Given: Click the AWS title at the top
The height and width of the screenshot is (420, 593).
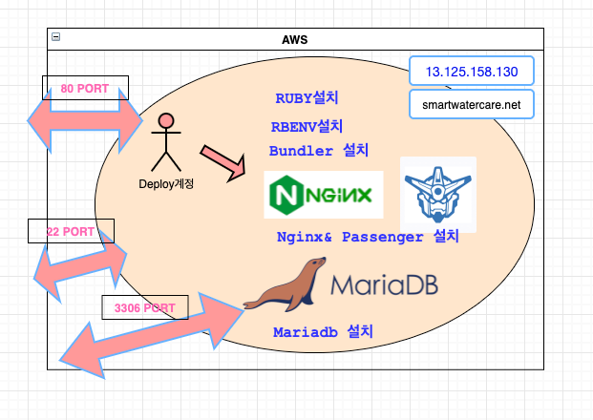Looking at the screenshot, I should pos(295,38).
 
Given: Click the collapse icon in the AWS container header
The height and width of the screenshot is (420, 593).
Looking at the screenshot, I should pos(55,36).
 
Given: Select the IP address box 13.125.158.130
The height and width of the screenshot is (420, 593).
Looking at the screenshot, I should pos(471,72).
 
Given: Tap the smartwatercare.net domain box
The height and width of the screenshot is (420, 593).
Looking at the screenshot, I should pos(471,103).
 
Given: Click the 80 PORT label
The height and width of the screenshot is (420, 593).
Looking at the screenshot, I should pos(85,88).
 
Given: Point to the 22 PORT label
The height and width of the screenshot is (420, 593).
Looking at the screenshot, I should pos(71,231).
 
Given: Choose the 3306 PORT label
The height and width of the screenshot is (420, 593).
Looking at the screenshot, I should pos(144,308).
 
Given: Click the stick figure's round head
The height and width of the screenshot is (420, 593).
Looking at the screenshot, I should pos(166,121).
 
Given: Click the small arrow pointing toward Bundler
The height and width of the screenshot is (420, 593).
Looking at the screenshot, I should pos(222,161).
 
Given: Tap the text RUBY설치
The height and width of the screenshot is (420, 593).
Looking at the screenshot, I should pos(307,98).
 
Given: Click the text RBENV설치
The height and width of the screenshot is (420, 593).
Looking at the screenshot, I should pos(307,126).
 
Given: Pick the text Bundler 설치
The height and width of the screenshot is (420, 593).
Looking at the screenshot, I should pos(318,151).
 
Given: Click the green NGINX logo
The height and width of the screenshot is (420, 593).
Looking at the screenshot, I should pos(323,195).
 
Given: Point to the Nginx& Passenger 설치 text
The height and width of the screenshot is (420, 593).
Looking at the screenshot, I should pos(368,236).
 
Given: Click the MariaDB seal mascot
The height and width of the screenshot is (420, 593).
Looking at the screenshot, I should pos(283,286).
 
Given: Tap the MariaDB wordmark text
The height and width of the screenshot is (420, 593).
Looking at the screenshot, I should pos(384,284).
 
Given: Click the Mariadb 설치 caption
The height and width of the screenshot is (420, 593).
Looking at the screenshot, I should pos(323,332).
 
